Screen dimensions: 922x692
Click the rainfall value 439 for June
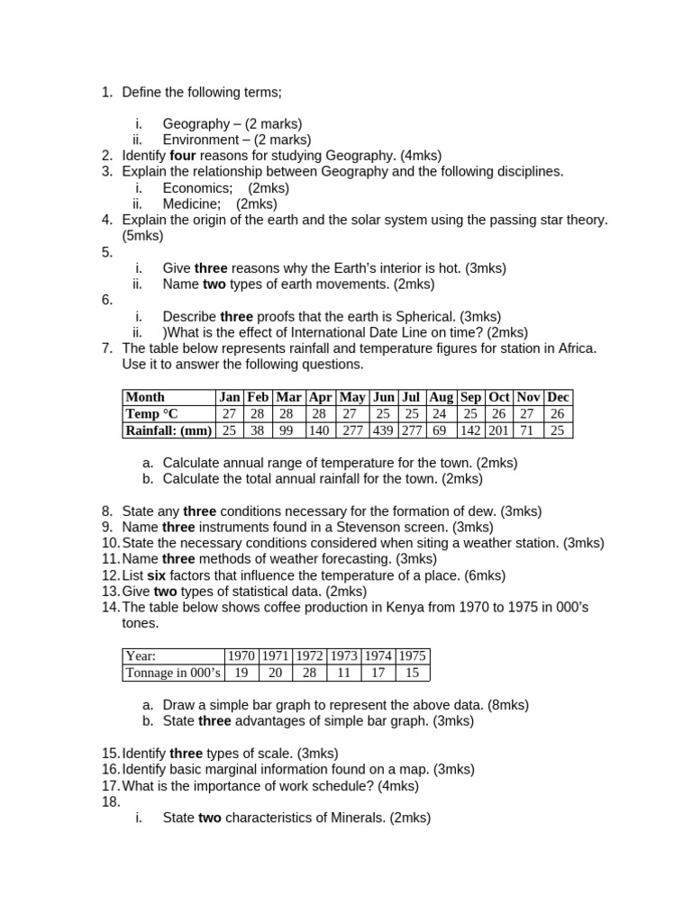[x=384, y=430]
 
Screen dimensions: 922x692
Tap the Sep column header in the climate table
[x=470, y=397]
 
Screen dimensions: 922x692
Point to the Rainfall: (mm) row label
[x=168, y=430]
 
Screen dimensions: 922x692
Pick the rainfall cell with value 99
[x=288, y=430]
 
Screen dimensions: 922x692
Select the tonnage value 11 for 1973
[x=344, y=673]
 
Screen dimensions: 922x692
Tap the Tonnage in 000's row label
[x=173, y=673]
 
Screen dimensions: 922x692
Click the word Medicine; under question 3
[x=191, y=203]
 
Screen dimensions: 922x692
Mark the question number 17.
[x=110, y=785]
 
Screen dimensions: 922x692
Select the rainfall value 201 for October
[x=499, y=430]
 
